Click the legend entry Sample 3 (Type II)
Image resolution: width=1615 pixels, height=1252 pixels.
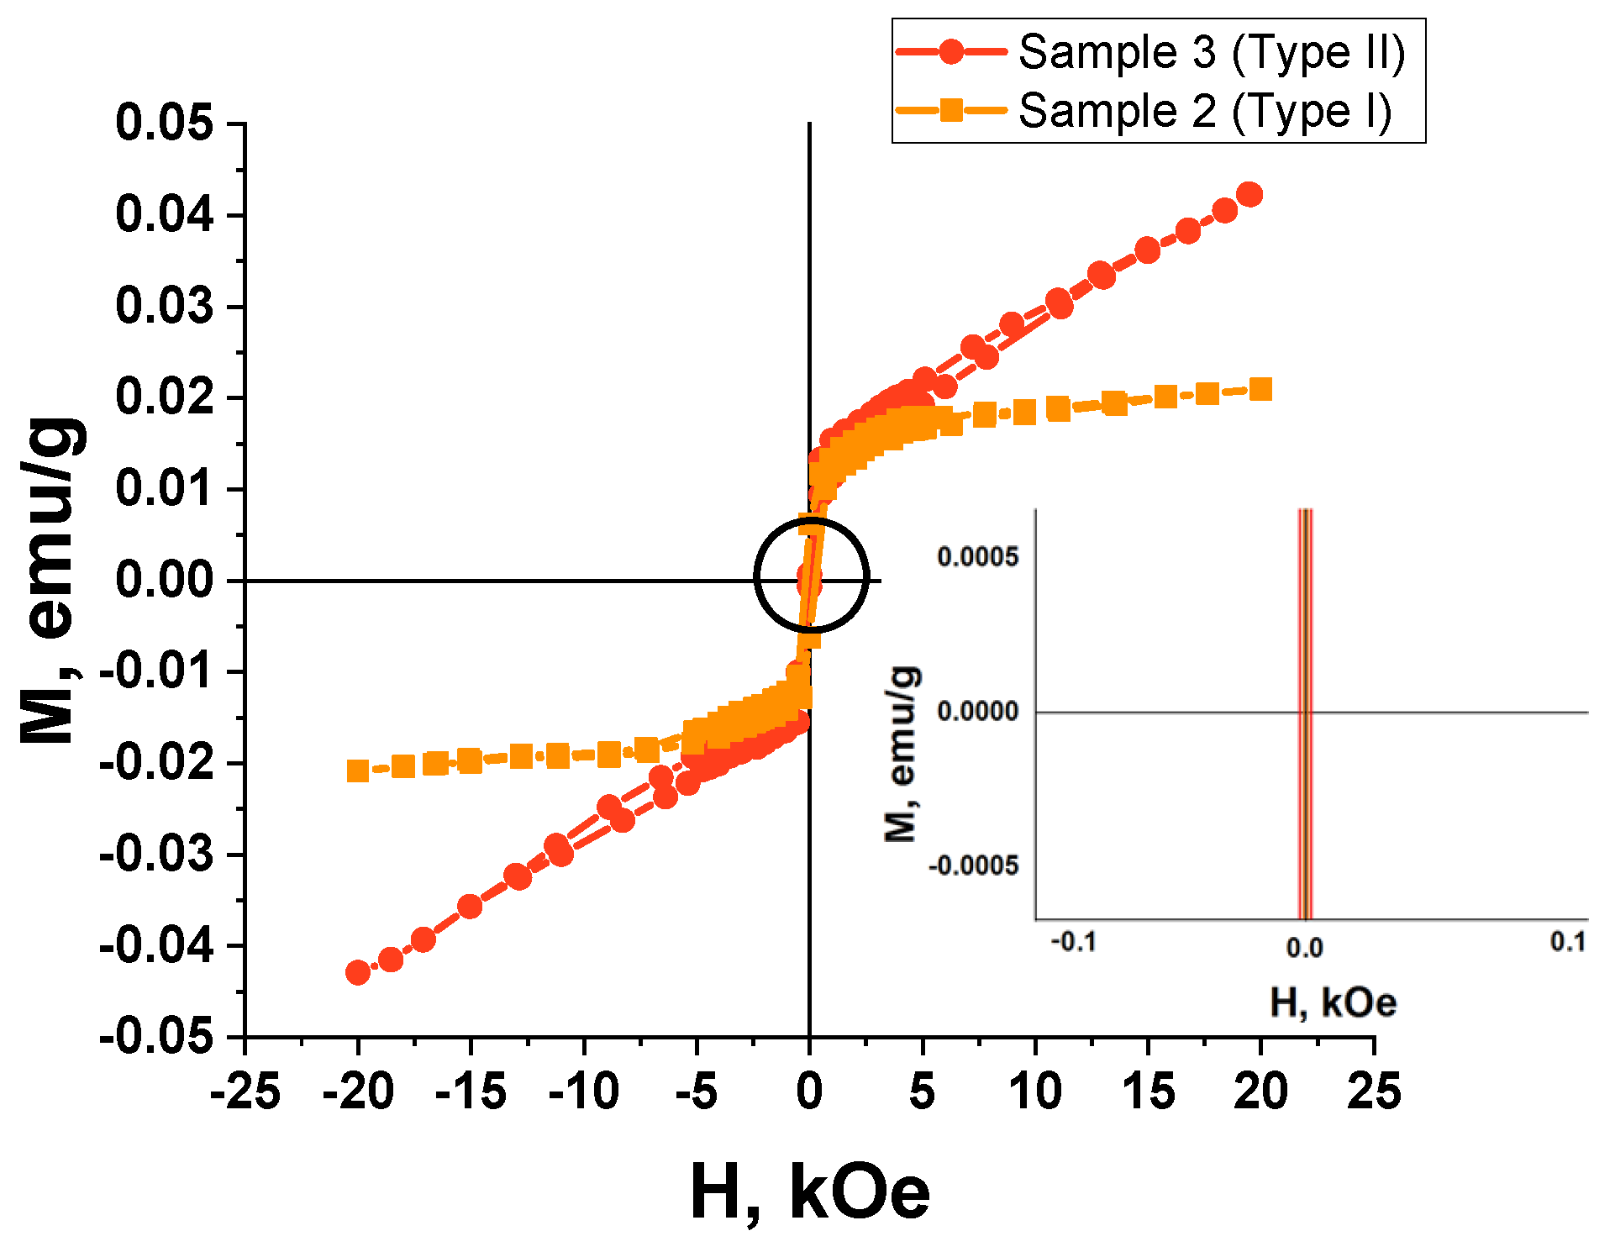tap(1211, 52)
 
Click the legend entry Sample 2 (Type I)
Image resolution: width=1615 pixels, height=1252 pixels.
tap(1204, 111)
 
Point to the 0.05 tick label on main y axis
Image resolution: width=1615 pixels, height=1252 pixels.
tap(165, 123)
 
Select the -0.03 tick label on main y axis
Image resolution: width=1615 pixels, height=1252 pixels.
tap(156, 855)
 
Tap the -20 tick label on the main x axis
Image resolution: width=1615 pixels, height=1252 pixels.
tap(358, 1092)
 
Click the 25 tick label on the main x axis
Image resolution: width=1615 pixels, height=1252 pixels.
tap(1374, 1092)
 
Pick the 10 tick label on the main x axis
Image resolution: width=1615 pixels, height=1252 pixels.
tap(1035, 1092)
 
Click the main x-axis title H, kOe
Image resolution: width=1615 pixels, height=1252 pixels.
tap(809, 1192)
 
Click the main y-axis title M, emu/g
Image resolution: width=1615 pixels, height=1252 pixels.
tap(52, 580)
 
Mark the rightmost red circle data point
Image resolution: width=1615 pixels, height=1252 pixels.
tap(1250, 194)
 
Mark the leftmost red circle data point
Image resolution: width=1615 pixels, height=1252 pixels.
tap(358, 972)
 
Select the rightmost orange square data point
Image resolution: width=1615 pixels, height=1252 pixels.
tap(1260, 389)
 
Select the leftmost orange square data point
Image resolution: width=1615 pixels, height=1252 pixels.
tap(358, 771)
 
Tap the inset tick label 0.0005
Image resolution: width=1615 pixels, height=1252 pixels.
tap(977, 556)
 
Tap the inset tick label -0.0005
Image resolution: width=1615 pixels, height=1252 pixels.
tap(973, 865)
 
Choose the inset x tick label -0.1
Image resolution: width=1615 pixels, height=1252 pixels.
tap(1073, 942)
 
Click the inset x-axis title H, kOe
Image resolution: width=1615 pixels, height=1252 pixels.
tap(1333, 1002)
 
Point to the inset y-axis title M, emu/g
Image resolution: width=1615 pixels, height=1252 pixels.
tap(902, 754)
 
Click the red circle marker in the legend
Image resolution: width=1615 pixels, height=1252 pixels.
tap(951, 52)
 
